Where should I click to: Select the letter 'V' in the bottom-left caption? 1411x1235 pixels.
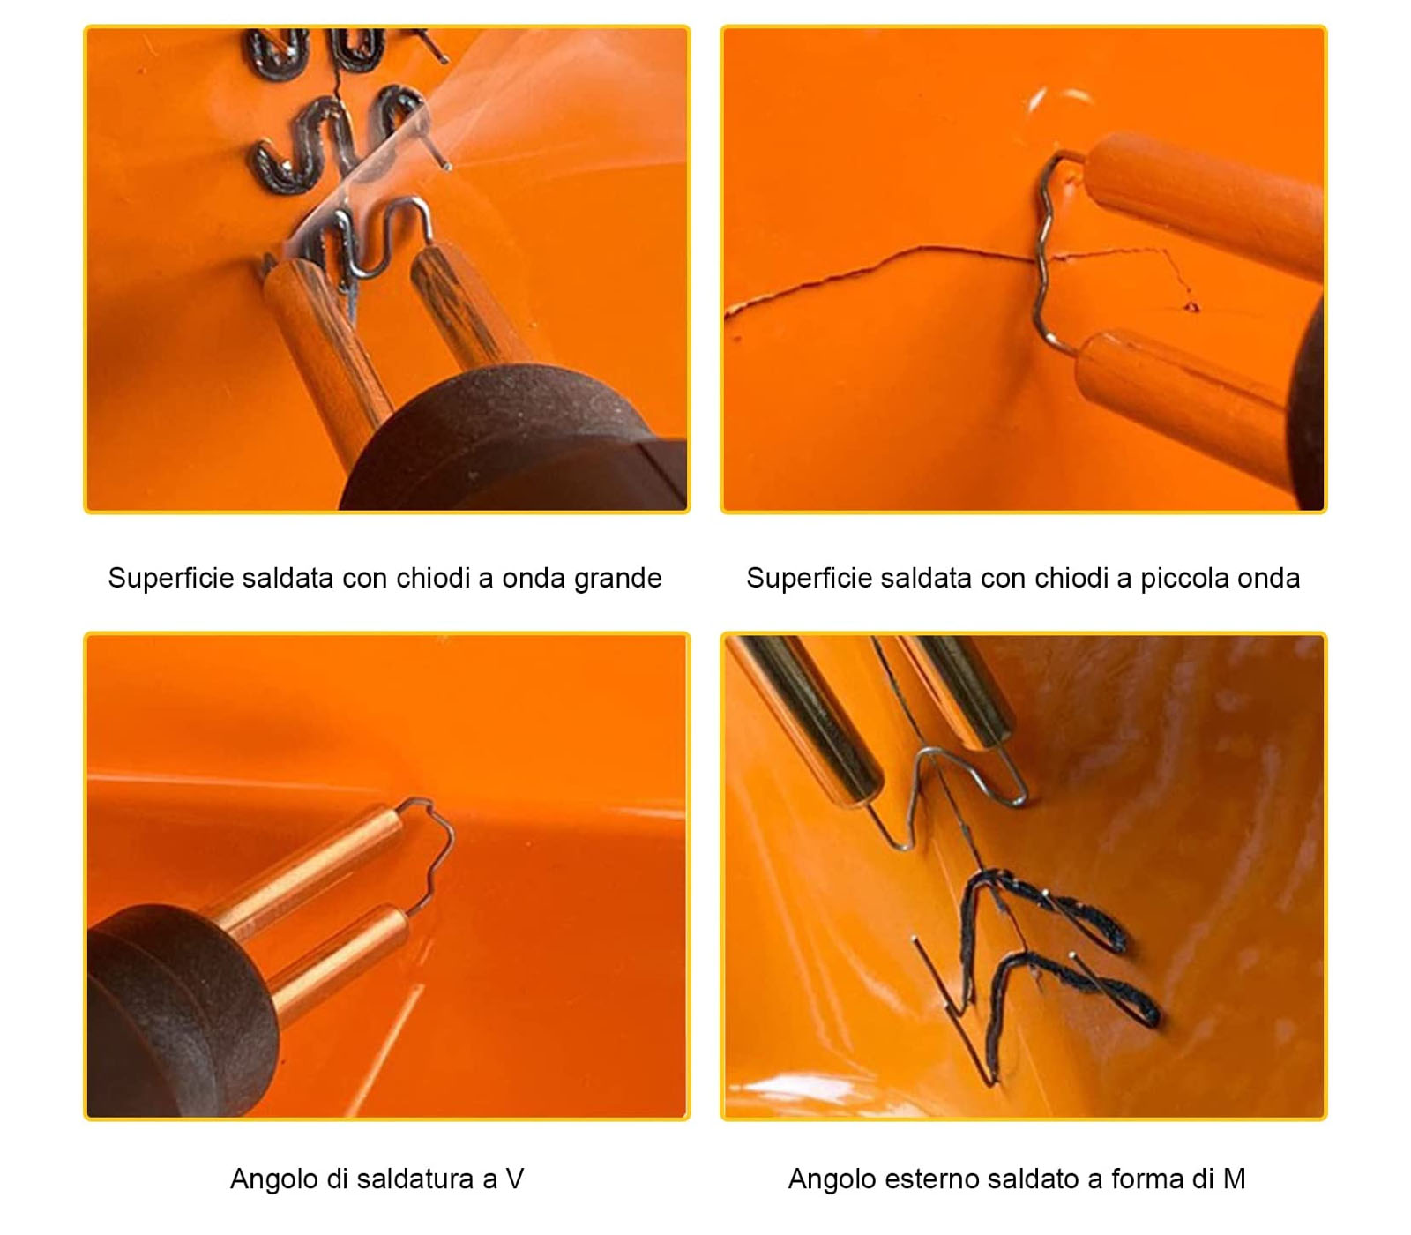515,1179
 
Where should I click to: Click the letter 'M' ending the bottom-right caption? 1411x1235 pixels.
1234,1179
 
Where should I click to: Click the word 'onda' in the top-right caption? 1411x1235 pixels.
1269,579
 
